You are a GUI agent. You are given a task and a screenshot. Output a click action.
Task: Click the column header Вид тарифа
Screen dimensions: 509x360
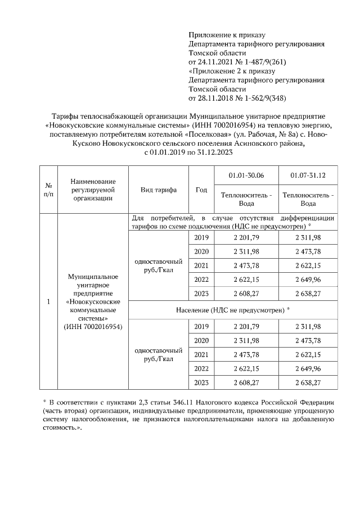coord(158,190)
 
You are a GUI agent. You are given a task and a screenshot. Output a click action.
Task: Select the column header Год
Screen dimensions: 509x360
coord(201,190)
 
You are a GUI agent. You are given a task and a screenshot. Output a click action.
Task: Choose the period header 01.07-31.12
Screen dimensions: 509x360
coord(308,175)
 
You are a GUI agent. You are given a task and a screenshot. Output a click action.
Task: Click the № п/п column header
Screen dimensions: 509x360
coord(49,190)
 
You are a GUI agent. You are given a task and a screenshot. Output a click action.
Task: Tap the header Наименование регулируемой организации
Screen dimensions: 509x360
coord(93,190)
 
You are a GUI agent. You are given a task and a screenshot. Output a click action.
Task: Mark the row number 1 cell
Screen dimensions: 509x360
coord(49,302)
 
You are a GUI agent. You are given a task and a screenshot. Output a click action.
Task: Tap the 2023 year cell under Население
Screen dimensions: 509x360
coord(201,382)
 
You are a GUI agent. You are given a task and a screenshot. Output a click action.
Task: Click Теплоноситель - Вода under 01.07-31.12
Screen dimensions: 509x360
coord(308,199)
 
